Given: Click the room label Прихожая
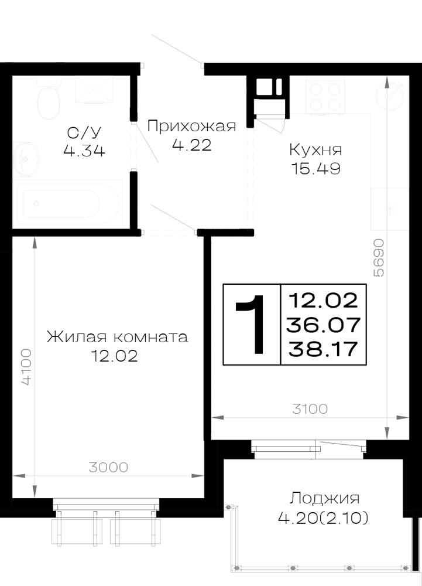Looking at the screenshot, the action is coord(191,126).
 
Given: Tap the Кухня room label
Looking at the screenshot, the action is coord(315,150).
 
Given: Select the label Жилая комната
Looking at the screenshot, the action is coord(117,337).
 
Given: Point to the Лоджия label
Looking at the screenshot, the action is coord(325,499).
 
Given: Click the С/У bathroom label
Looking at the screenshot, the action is coord(84,132).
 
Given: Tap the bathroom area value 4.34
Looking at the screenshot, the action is coord(84,150).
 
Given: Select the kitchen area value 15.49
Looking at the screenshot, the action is coord(315,169).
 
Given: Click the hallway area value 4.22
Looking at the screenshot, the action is coord(192,145).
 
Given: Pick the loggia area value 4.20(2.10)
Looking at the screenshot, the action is coord(323,518).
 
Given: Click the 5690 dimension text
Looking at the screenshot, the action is coord(378,257).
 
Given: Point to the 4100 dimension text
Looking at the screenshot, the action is coord(26,367).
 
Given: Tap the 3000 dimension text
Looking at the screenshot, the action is coord(109,467).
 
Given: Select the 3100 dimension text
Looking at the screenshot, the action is coord(310,409).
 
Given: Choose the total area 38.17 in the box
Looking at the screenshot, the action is coord(322,349).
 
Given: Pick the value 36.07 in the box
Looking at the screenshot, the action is coord(323,325).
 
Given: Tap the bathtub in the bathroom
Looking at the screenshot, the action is coord(67,204).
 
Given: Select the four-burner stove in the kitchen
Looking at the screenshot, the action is coord(325,96).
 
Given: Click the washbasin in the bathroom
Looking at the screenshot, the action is coord(26,159).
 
